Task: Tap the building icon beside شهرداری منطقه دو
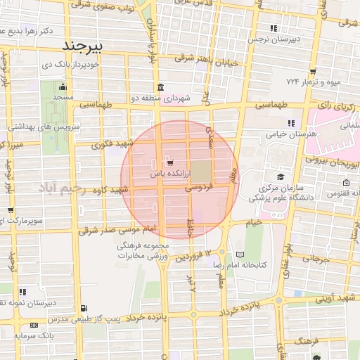tap(161, 88)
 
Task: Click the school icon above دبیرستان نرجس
tap(274, 28)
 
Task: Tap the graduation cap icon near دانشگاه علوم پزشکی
tap(281, 176)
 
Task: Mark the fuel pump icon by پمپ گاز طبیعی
tap(85, 308)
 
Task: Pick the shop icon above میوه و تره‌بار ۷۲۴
tap(312, 72)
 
